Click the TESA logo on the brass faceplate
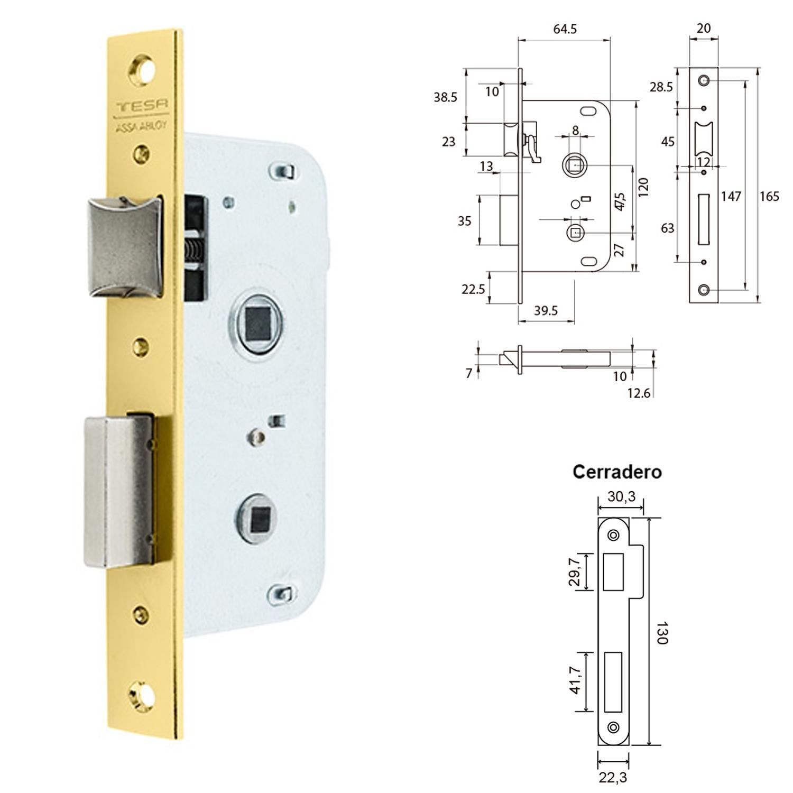pyautogui.click(x=142, y=105)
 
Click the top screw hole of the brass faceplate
pyautogui.click(x=143, y=69)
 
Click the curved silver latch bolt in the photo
pyautogui.click(x=124, y=246)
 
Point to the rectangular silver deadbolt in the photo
pyautogui.click(x=119, y=492)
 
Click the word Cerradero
pyautogui.click(x=617, y=472)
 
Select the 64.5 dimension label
pyautogui.click(x=565, y=29)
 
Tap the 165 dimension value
pyautogui.click(x=769, y=197)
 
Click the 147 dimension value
pyautogui.click(x=731, y=197)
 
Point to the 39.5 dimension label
pyautogui.click(x=546, y=310)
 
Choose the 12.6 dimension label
pyautogui.click(x=639, y=393)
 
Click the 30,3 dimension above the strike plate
pyautogui.click(x=621, y=496)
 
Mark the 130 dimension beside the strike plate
pyautogui.click(x=661, y=632)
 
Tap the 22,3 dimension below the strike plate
pyautogui.click(x=613, y=777)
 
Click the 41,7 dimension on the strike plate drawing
pyautogui.click(x=576, y=680)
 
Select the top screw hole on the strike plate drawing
pyautogui.click(x=613, y=536)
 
